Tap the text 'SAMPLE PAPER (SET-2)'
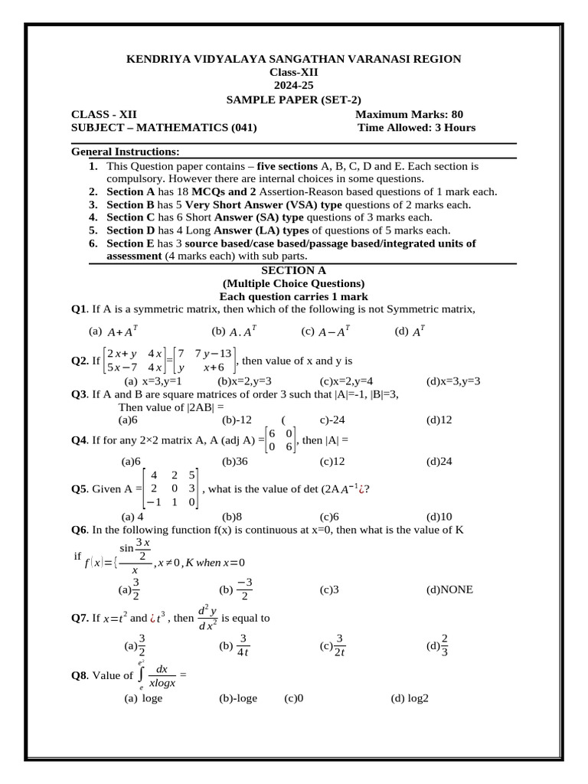(x=294, y=100)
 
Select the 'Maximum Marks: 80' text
(x=410, y=114)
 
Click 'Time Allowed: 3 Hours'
(x=416, y=128)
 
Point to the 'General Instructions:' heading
(x=125, y=152)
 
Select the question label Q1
(x=79, y=309)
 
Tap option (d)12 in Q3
(x=439, y=420)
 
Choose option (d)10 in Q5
(x=439, y=517)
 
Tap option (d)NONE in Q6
(x=449, y=590)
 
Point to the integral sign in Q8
(x=140, y=675)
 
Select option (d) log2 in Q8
(x=409, y=698)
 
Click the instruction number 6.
(x=93, y=243)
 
